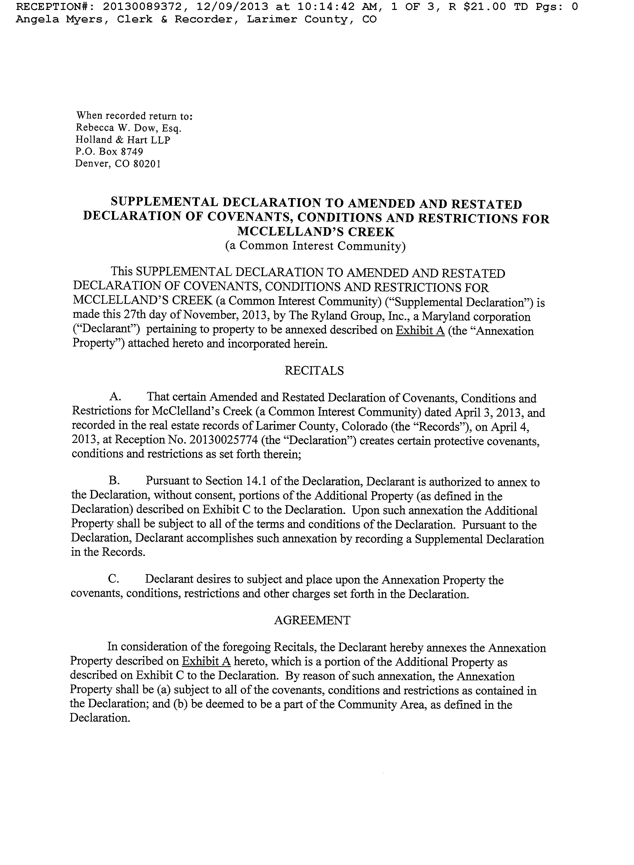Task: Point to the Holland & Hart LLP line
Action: pos(123,140)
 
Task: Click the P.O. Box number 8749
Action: pos(132,152)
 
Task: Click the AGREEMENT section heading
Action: pos(312,620)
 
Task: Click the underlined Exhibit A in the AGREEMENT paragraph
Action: pos(206,662)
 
